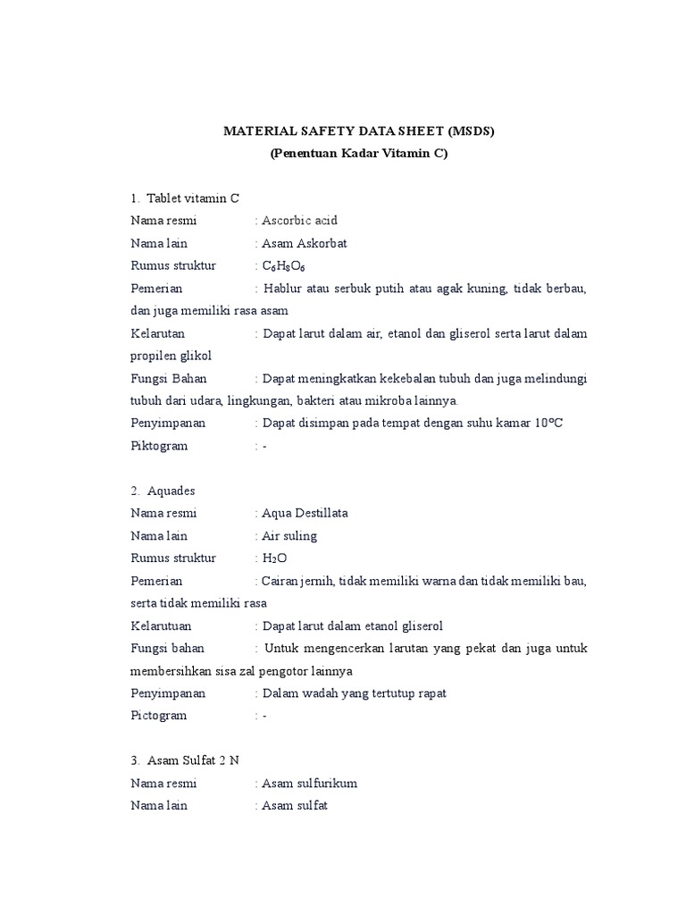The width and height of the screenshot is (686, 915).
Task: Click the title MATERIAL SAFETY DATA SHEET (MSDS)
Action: (358, 131)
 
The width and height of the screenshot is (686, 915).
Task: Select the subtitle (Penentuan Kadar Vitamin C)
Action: (358, 154)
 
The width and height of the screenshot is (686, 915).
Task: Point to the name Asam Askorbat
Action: (304, 243)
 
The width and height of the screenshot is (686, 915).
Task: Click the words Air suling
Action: (289, 536)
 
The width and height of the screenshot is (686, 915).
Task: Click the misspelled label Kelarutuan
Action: (161, 625)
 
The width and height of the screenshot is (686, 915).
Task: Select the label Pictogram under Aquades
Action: (159, 715)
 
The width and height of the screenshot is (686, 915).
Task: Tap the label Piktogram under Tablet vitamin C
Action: (160, 445)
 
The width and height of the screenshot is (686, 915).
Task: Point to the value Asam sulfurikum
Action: (309, 783)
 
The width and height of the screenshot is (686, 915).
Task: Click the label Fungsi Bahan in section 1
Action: (169, 378)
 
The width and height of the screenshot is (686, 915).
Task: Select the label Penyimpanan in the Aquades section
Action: (168, 693)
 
